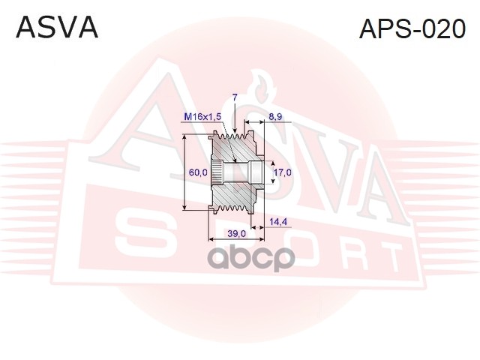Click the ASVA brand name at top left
click(57, 27)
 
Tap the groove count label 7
click(235, 98)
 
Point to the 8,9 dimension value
click(274, 117)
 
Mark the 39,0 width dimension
click(236, 234)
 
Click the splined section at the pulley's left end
click(217, 174)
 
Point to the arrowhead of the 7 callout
click(235, 134)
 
